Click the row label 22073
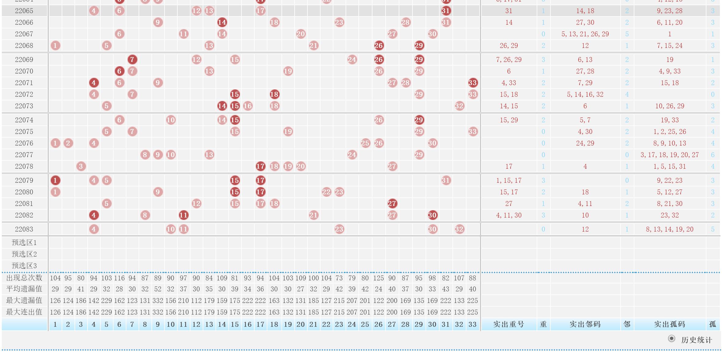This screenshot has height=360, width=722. tap(24, 106)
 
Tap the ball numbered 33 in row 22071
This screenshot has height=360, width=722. tap(473, 83)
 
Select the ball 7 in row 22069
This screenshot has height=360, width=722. tap(132, 59)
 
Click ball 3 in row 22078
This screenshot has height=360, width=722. tap(81, 166)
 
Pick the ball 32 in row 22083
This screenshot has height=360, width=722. tap(459, 229)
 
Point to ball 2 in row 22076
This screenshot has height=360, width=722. tap(68, 143)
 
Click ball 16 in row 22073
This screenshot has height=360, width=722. tap(248, 106)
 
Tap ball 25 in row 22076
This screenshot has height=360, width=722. tap(365, 143)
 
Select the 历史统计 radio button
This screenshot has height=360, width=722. tap(671, 339)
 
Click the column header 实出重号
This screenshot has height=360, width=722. tap(509, 324)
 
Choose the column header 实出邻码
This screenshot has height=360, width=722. tap(585, 324)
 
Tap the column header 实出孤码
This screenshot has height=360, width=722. tap(669, 324)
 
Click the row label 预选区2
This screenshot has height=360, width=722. tap(24, 254)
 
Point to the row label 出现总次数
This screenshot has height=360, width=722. tap(24, 278)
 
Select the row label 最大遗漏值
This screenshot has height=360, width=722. tap(24, 301)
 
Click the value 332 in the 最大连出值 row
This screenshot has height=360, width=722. tap(158, 312)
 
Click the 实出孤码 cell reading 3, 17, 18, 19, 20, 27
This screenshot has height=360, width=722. tap(669, 155)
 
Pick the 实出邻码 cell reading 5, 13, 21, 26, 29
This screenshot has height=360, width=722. tap(585, 34)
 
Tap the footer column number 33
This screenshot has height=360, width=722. tap(473, 324)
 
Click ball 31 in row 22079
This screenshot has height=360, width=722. tap(446, 180)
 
